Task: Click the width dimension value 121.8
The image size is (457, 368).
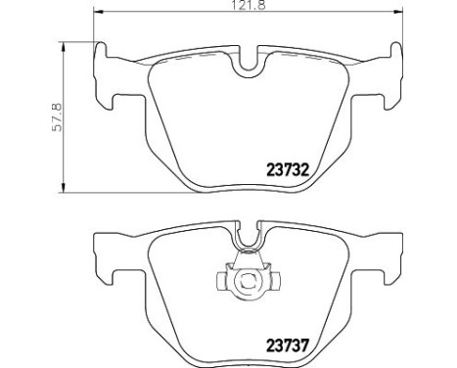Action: (249, 5)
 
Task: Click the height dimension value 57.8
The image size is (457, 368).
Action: (57, 117)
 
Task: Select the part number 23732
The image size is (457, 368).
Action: (288, 170)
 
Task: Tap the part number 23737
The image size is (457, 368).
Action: (288, 345)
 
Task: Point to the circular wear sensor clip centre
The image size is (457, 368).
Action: (249, 280)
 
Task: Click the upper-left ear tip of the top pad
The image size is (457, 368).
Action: (102, 43)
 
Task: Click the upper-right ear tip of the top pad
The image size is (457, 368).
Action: (396, 43)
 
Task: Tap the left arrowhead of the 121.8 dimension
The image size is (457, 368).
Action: (98, 12)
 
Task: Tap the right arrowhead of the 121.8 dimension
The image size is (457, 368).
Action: (398, 12)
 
